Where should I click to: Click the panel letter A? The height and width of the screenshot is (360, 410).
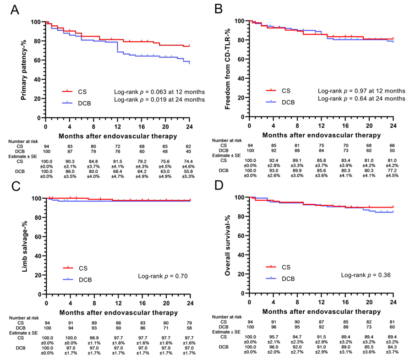(x=16, y=9)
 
